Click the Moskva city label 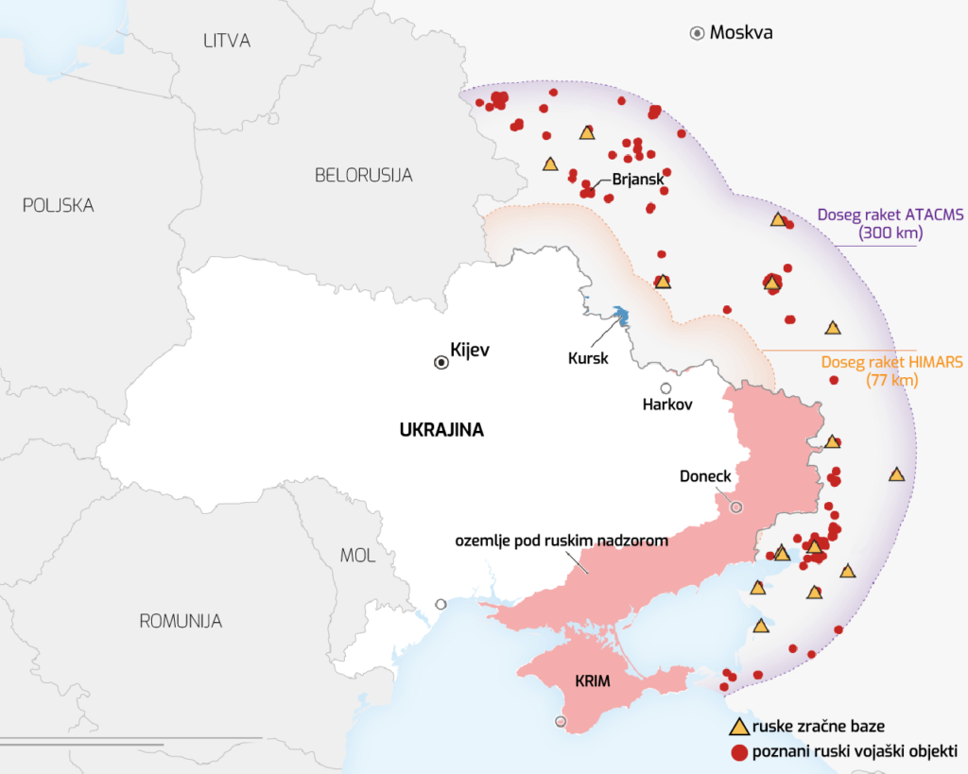741,33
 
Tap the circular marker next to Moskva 697,34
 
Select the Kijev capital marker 441,362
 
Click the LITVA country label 227,41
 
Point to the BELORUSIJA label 363,175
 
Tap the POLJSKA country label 58,205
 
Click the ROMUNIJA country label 181,621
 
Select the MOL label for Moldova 357,556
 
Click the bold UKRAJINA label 441,430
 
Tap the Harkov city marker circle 666,388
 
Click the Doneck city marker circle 736,507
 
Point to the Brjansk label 638,179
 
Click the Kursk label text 587,358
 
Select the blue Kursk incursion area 621,315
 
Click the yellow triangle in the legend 739,727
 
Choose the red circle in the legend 739,752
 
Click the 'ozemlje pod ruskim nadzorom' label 562,541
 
